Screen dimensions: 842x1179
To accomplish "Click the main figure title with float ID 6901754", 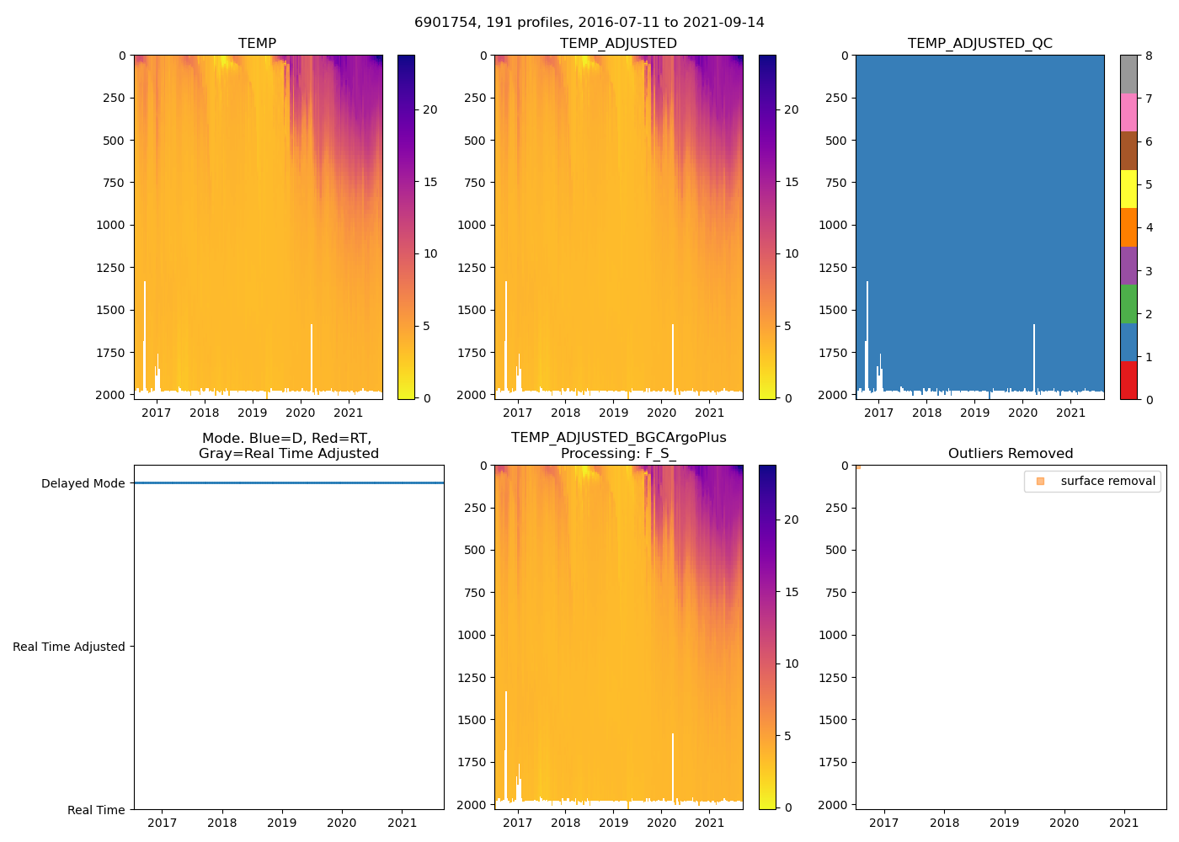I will click(x=589, y=23).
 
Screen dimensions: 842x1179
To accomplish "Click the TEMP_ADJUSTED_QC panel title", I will click(x=979, y=43).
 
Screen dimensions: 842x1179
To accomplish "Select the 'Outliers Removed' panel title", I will click(x=1011, y=453).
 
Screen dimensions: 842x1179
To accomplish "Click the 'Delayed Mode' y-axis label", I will click(x=83, y=483).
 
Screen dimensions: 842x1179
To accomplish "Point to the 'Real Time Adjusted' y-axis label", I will click(x=69, y=647).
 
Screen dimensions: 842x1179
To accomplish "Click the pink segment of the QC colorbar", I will click(x=1128, y=112).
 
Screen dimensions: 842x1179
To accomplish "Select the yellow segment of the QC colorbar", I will click(x=1128, y=189).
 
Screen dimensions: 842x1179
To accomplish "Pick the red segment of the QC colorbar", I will click(x=1128, y=380).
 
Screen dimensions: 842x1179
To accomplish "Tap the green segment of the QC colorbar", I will click(x=1128, y=303).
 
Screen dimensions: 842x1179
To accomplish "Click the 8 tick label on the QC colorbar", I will click(x=1149, y=56).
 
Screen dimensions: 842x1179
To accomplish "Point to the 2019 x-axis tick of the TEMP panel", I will click(x=252, y=413).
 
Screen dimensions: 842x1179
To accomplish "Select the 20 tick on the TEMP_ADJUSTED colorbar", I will click(x=792, y=109).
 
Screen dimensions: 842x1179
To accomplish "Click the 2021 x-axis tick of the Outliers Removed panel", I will click(x=1124, y=823).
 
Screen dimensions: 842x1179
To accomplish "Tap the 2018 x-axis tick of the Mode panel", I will click(x=222, y=823).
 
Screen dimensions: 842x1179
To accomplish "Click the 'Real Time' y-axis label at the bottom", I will click(x=96, y=810).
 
